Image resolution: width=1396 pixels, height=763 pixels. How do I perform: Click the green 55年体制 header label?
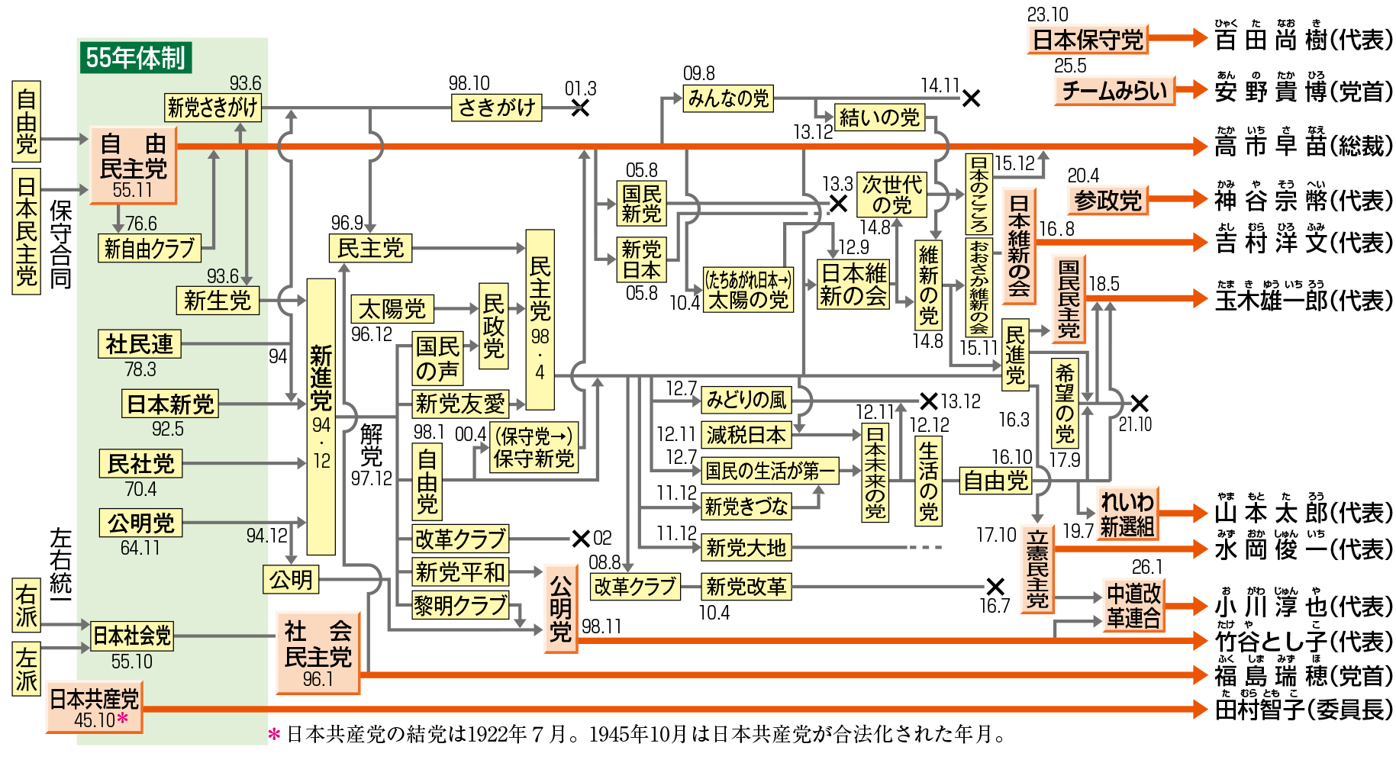tap(135, 58)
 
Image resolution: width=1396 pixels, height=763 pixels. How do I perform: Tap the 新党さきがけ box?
tap(213, 108)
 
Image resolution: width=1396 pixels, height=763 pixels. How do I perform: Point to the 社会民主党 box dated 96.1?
tap(318, 653)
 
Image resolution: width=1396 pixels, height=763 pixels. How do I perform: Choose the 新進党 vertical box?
tap(321, 416)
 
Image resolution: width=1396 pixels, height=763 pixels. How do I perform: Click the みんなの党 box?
tap(728, 98)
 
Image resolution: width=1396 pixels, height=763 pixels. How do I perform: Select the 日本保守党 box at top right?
tap(1088, 40)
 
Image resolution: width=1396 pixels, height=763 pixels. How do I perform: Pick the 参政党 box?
tap(1107, 201)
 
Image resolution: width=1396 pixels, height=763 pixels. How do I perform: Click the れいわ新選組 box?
tap(1127, 513)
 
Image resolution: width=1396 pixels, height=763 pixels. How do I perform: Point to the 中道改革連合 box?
tap(1133, 605)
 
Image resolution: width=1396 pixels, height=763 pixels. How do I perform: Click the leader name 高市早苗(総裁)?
tap(1304, 145)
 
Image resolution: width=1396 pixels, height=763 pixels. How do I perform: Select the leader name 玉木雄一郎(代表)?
tap(1304, 300)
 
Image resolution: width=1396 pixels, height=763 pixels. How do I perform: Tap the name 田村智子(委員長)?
tap(1304, 710)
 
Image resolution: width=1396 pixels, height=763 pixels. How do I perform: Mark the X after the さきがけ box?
tap(580, 108)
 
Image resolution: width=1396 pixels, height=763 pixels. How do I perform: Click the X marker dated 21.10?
tap(1139, 403)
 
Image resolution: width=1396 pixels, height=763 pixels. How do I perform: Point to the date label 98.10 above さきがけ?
tap(469, 83)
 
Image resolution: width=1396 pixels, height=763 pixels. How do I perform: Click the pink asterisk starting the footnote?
tap(275, 734)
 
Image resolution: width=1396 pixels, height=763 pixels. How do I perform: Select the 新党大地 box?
tap(745, 547)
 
